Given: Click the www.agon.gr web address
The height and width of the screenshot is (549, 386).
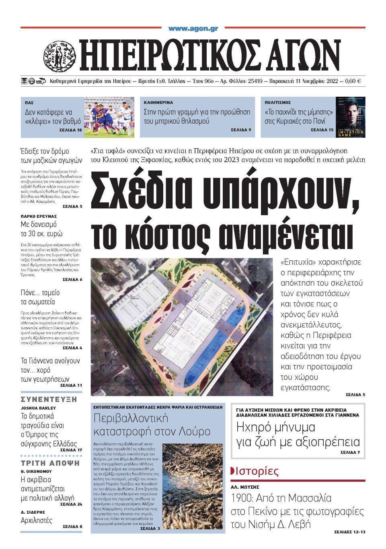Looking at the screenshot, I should tap(193, 29).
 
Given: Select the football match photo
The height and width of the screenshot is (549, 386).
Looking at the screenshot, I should tap(108, 117).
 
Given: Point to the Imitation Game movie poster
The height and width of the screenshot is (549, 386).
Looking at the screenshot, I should tap(351, 117).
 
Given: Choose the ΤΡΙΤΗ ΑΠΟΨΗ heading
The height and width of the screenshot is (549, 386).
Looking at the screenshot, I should tap(50, 463).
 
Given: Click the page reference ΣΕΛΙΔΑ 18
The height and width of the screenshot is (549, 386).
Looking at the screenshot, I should tap(72, 131).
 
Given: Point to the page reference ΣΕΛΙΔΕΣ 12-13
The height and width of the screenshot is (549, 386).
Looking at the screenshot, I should tap(349, 532).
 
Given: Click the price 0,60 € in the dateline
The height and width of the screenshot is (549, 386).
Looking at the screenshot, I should tap(353, 81).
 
